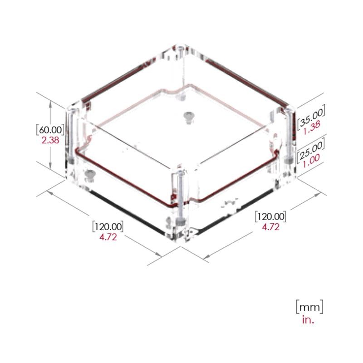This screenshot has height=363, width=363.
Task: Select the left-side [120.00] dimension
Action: click(108, 226)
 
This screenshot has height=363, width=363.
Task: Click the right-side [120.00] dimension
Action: click(271, 216)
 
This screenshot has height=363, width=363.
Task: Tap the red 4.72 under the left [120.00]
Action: click(108, 237)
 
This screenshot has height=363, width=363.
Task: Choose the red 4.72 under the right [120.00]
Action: click(271, 227)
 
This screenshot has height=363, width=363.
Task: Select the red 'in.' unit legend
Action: click(308, 319)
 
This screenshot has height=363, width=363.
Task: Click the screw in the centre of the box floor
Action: click(187, 117)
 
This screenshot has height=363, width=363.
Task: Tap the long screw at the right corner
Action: click(288, 136)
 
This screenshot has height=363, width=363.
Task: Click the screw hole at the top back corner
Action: click(181, 48)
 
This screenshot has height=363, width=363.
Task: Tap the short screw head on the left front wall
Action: click(90, 175)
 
